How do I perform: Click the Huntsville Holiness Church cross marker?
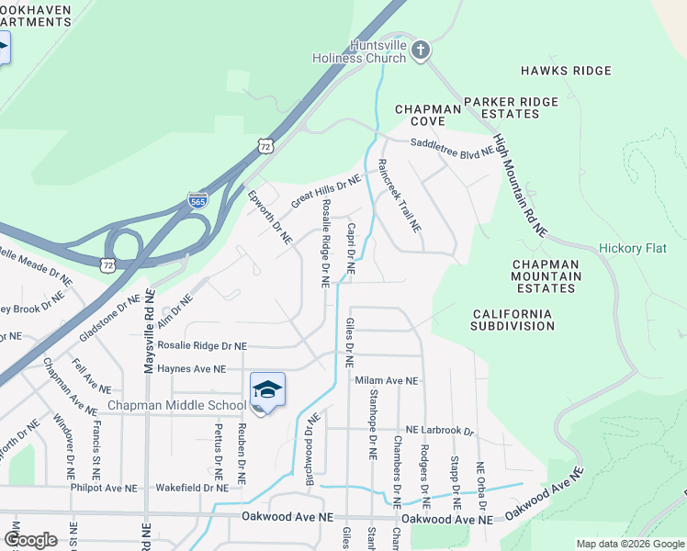click(x=420, y=50)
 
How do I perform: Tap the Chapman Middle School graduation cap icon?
click(x=267, y=391)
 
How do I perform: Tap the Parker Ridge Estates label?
click(x=511, y=107)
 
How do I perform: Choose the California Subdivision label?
click(x=512, y=320)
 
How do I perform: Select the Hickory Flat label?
click(x=636, y=248)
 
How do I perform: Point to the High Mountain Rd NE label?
click(x=519, y=186)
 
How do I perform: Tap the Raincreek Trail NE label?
click(x=400, y=195)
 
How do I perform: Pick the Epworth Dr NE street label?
click(x=270, y=217)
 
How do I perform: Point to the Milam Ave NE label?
click(x=387, y=380)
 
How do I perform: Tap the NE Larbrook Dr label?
click(x=440, y=430)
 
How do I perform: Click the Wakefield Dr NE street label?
click(x=192, y=488)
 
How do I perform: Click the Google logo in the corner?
click(x=30, y=539)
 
